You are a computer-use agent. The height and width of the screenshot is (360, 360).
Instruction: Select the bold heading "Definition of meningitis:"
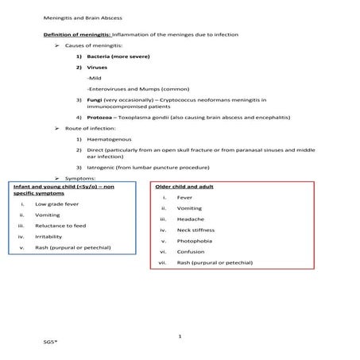pyautogui.click(x=78, y=36)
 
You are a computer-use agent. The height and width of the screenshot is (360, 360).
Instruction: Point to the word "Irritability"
pyautogui.click(x=50, y=236)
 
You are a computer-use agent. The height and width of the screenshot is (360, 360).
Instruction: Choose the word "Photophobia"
pyautogui.click(x=195, y=241)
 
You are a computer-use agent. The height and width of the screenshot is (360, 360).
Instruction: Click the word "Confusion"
pyautogui.click(x=191, y=251)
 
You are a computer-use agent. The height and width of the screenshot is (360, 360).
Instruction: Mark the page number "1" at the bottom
pyautogui.click(x=180, y=337)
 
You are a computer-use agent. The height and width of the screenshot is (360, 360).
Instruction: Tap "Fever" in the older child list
pyautogui.click(x=184, y=196)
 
